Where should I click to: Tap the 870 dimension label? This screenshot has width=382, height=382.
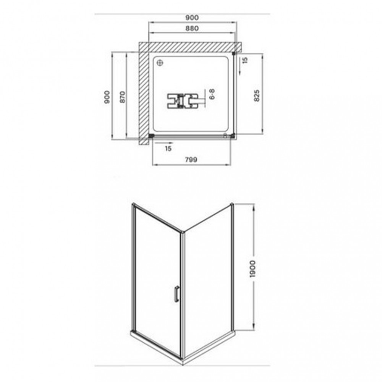(x=122, y=97)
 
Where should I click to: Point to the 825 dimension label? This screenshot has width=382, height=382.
(x=257, y=95)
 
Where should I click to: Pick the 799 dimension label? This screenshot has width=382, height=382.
(x=191, y=160)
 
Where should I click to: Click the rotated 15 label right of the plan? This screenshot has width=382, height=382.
(x=245, y=60)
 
